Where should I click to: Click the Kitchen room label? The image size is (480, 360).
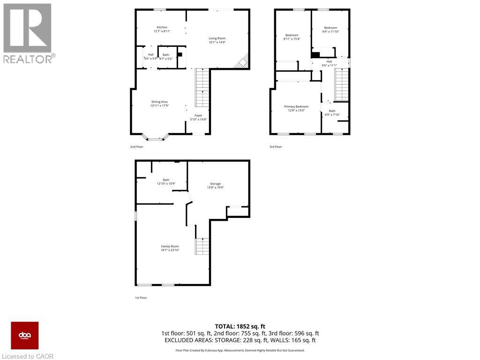pos(162,27)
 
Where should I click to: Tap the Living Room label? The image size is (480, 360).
pos(217,38)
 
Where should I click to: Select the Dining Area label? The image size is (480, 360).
pos(159,102)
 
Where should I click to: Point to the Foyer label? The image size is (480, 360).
pos(198,115)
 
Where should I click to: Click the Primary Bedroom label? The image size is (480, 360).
pos(296,106)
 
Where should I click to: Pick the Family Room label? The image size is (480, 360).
pos(170,246)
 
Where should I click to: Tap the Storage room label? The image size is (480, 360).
pos(215,183)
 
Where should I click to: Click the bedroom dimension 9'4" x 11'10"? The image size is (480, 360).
pos(330,32)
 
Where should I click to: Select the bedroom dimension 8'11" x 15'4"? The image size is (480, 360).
pos(292,39)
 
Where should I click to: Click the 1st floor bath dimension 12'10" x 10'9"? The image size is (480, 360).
pos(166,183)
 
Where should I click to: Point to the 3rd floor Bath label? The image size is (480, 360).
pos(332,111)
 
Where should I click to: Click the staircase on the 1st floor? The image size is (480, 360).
pos(202,246)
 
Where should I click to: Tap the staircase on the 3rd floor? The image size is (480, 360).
pos(342,84)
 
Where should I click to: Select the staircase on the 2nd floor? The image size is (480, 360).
pos(202,87)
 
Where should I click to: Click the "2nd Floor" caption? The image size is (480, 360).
pos(137,147)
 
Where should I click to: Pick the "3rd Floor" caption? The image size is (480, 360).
pos(276,147)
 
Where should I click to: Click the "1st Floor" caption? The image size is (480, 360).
pos(141,298)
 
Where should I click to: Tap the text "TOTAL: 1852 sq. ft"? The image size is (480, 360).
pos(240,326)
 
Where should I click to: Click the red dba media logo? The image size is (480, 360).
pos(25,335)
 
